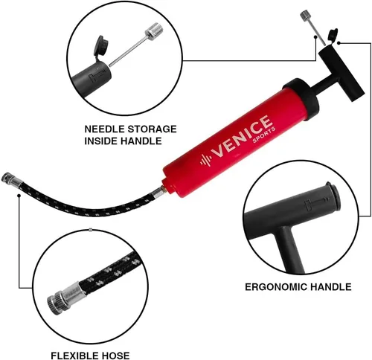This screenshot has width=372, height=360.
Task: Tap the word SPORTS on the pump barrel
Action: click(x=264, y=135)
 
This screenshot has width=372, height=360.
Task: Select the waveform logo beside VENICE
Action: click(x=205, y=160)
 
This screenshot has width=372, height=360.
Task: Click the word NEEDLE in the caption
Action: click(x=104, y=129)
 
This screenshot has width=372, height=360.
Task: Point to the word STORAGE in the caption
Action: click(x=152, y=129)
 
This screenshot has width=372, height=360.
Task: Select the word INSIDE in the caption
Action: click(x=100, y=141)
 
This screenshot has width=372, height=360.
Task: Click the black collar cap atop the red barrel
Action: click(x=301, y=95)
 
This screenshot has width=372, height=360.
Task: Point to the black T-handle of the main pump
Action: click(x=341, y=74)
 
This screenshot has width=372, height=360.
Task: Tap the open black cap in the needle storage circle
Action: click(x=101, y=47)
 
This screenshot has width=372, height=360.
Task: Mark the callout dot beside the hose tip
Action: click(x=19, y=196)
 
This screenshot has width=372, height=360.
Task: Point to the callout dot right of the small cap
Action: click(x=339, y=43)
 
